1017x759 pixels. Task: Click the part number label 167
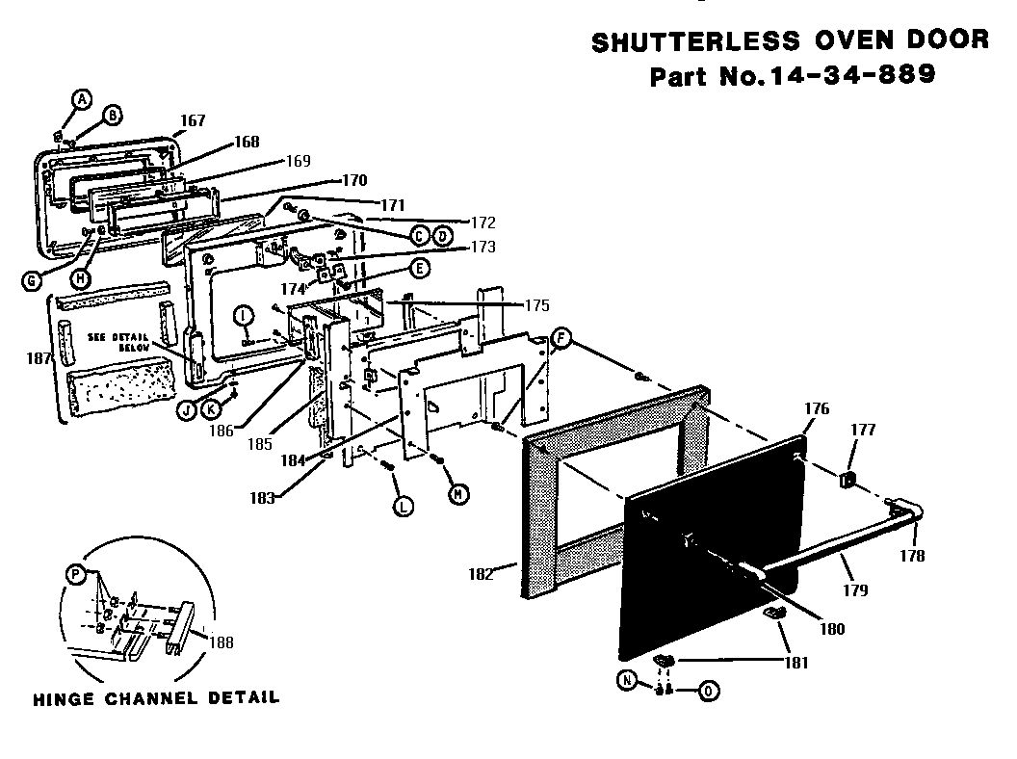pyautogui.click(x=193, y=120)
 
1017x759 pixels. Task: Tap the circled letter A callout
pyautogui.click(x=82, y=98)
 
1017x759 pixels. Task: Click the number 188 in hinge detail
pyautogui.click(x=221, y=642)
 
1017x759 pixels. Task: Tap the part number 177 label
pyautogui.click(x=863, y=430)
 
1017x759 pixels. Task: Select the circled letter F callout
pyautogui.click(x=561, y=337)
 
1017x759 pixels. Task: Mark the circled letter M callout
pyautogui.click(x=459, y=493)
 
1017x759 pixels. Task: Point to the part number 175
pyautogui.click(x=536, y=305)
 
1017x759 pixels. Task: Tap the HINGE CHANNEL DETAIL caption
pyautogui.click(x=156, y=697)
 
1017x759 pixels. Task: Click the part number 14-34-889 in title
pyautogui.click(x=847, y=75)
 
